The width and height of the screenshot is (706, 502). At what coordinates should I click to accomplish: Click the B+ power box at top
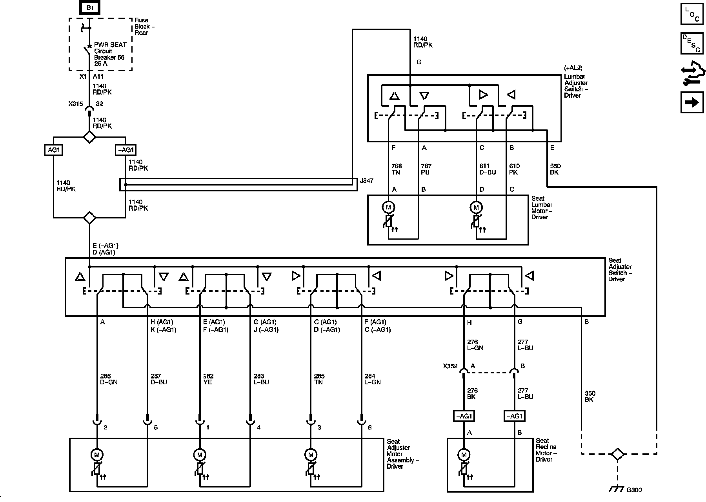90,7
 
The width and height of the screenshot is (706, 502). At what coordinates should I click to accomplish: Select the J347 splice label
366,181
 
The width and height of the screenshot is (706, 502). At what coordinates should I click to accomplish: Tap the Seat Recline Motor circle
464,455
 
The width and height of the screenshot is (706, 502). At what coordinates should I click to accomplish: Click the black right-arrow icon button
692,102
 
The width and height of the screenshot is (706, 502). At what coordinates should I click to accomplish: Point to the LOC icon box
692,14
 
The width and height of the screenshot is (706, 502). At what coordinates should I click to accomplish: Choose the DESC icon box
692,44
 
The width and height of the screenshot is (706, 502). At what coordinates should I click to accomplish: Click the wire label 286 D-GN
109,379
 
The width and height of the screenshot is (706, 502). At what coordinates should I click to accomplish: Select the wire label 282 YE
208,379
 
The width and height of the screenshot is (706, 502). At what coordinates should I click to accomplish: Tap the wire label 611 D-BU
488,169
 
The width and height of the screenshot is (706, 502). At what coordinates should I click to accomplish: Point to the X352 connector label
450,366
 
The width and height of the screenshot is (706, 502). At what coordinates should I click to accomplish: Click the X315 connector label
75,104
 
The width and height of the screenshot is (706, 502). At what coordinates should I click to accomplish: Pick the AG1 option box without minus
53,150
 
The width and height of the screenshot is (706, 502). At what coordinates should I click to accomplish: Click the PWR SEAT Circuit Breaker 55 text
109,54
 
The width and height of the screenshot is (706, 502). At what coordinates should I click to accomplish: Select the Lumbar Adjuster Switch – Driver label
576,86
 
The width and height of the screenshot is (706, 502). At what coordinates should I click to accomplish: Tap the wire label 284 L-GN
372,379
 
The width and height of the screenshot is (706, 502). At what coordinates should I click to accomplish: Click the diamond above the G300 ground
617,454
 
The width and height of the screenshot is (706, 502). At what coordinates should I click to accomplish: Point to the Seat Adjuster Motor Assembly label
403,454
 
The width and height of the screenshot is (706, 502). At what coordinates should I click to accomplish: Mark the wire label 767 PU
426,169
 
